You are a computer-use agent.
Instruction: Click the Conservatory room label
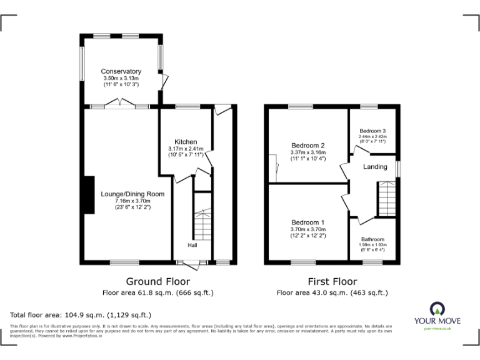point(121,71)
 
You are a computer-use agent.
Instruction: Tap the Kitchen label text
point(186,142)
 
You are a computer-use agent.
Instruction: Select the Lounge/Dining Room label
point(132,194)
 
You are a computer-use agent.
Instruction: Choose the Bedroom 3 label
point(372,130)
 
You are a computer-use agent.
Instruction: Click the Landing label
point(375,167)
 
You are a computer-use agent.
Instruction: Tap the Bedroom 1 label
point(308,222)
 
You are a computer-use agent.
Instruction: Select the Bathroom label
point(372,239)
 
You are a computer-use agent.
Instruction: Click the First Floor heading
point(332,281)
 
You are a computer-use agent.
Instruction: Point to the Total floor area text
point(81,314)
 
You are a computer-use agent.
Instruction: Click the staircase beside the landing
point(386,199)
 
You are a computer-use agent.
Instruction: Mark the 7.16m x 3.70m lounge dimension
point(132,201)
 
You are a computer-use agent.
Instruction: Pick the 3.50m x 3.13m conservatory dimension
point(121,77)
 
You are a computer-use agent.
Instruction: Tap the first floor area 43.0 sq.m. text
point(332,292)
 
